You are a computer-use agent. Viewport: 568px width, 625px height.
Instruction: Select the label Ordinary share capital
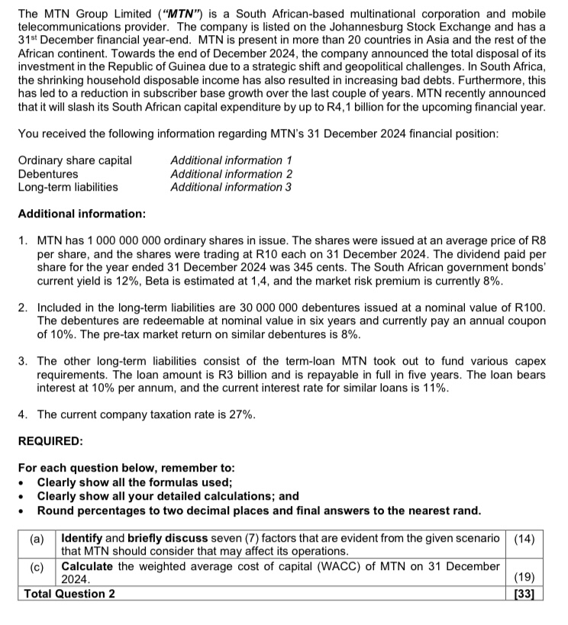(x=75, y=160)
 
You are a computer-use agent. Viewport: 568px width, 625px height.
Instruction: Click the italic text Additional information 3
(x=231, y=187)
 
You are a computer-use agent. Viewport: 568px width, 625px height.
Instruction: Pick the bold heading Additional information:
(x=82, y=214)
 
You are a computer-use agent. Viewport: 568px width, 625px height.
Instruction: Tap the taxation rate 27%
(x=239, y=414)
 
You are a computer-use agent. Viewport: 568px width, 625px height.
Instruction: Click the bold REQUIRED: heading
(x=50, y=441)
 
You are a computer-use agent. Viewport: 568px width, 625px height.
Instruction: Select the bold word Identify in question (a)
(x=83, y=538)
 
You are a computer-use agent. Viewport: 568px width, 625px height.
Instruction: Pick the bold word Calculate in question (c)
(x=87, y=565)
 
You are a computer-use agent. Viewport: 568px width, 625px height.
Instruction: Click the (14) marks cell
(x=524, y=538)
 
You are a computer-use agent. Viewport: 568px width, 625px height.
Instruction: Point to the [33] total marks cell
(x=524, y=593)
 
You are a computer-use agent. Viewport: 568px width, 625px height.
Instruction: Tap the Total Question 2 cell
(x=70, y=593)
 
